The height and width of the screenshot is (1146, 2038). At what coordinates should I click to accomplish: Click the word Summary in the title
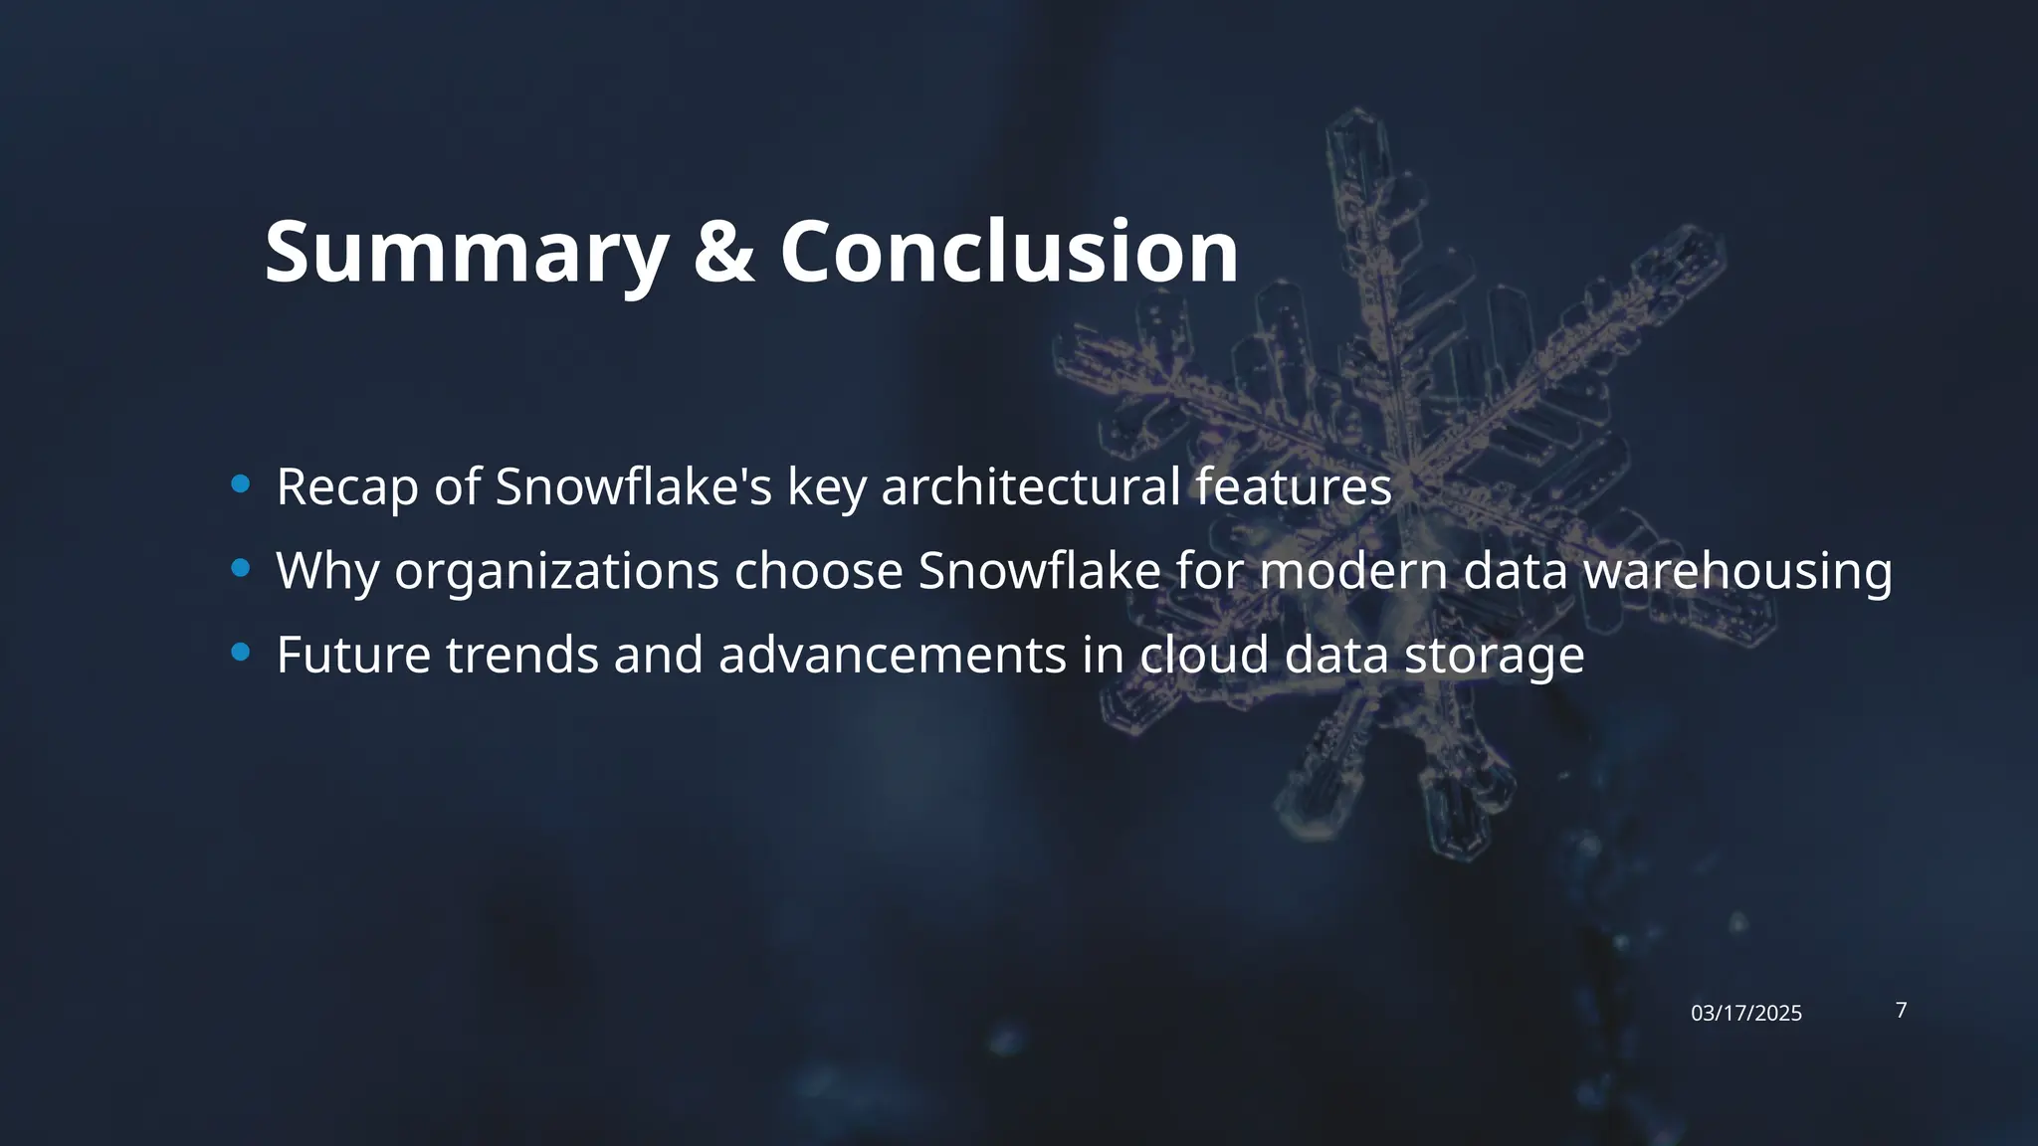[x=465, y=253]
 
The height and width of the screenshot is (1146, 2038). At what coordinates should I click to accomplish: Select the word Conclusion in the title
[x=1009, y=253]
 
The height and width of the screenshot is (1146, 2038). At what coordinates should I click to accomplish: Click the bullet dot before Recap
[x=240, y=484]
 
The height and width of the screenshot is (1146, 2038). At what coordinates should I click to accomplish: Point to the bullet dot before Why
[x=240, y=568]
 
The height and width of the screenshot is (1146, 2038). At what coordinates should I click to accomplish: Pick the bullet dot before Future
[x=240, y=653]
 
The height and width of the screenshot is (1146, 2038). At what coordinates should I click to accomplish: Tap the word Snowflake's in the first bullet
[x=633, y=486]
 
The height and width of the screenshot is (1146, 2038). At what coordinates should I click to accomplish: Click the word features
[x=1293, y=486]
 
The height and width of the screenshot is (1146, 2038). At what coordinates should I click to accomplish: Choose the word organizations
[x=556, y=572]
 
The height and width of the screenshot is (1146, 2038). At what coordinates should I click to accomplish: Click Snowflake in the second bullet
[x=1039, y=571]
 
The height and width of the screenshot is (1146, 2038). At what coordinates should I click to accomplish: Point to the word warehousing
[x=1737, y=572]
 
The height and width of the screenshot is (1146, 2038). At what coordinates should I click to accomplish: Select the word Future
[x=353, y=655]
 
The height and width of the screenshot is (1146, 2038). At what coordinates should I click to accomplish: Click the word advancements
[x=892, y=655]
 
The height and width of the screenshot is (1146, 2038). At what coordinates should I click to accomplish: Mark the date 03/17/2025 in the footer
[x=1746, y=1014]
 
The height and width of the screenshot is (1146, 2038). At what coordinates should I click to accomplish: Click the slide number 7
[x=1902, y=1011]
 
